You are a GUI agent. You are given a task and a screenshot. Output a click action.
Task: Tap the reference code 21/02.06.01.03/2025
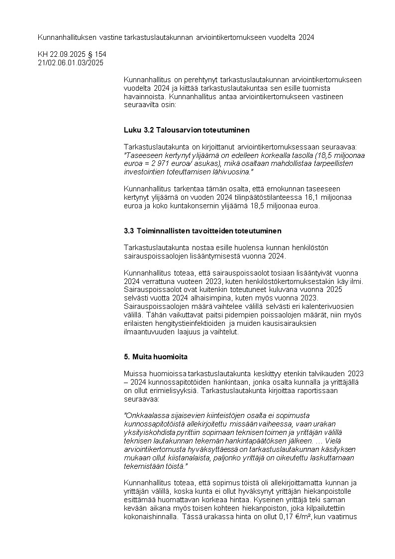point(71,62)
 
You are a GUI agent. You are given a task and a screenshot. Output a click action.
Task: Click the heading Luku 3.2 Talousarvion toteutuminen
point(187,130)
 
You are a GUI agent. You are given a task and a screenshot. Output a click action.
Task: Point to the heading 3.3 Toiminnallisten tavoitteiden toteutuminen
point(202,231)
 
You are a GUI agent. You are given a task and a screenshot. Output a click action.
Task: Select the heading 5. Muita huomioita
point(155,357)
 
